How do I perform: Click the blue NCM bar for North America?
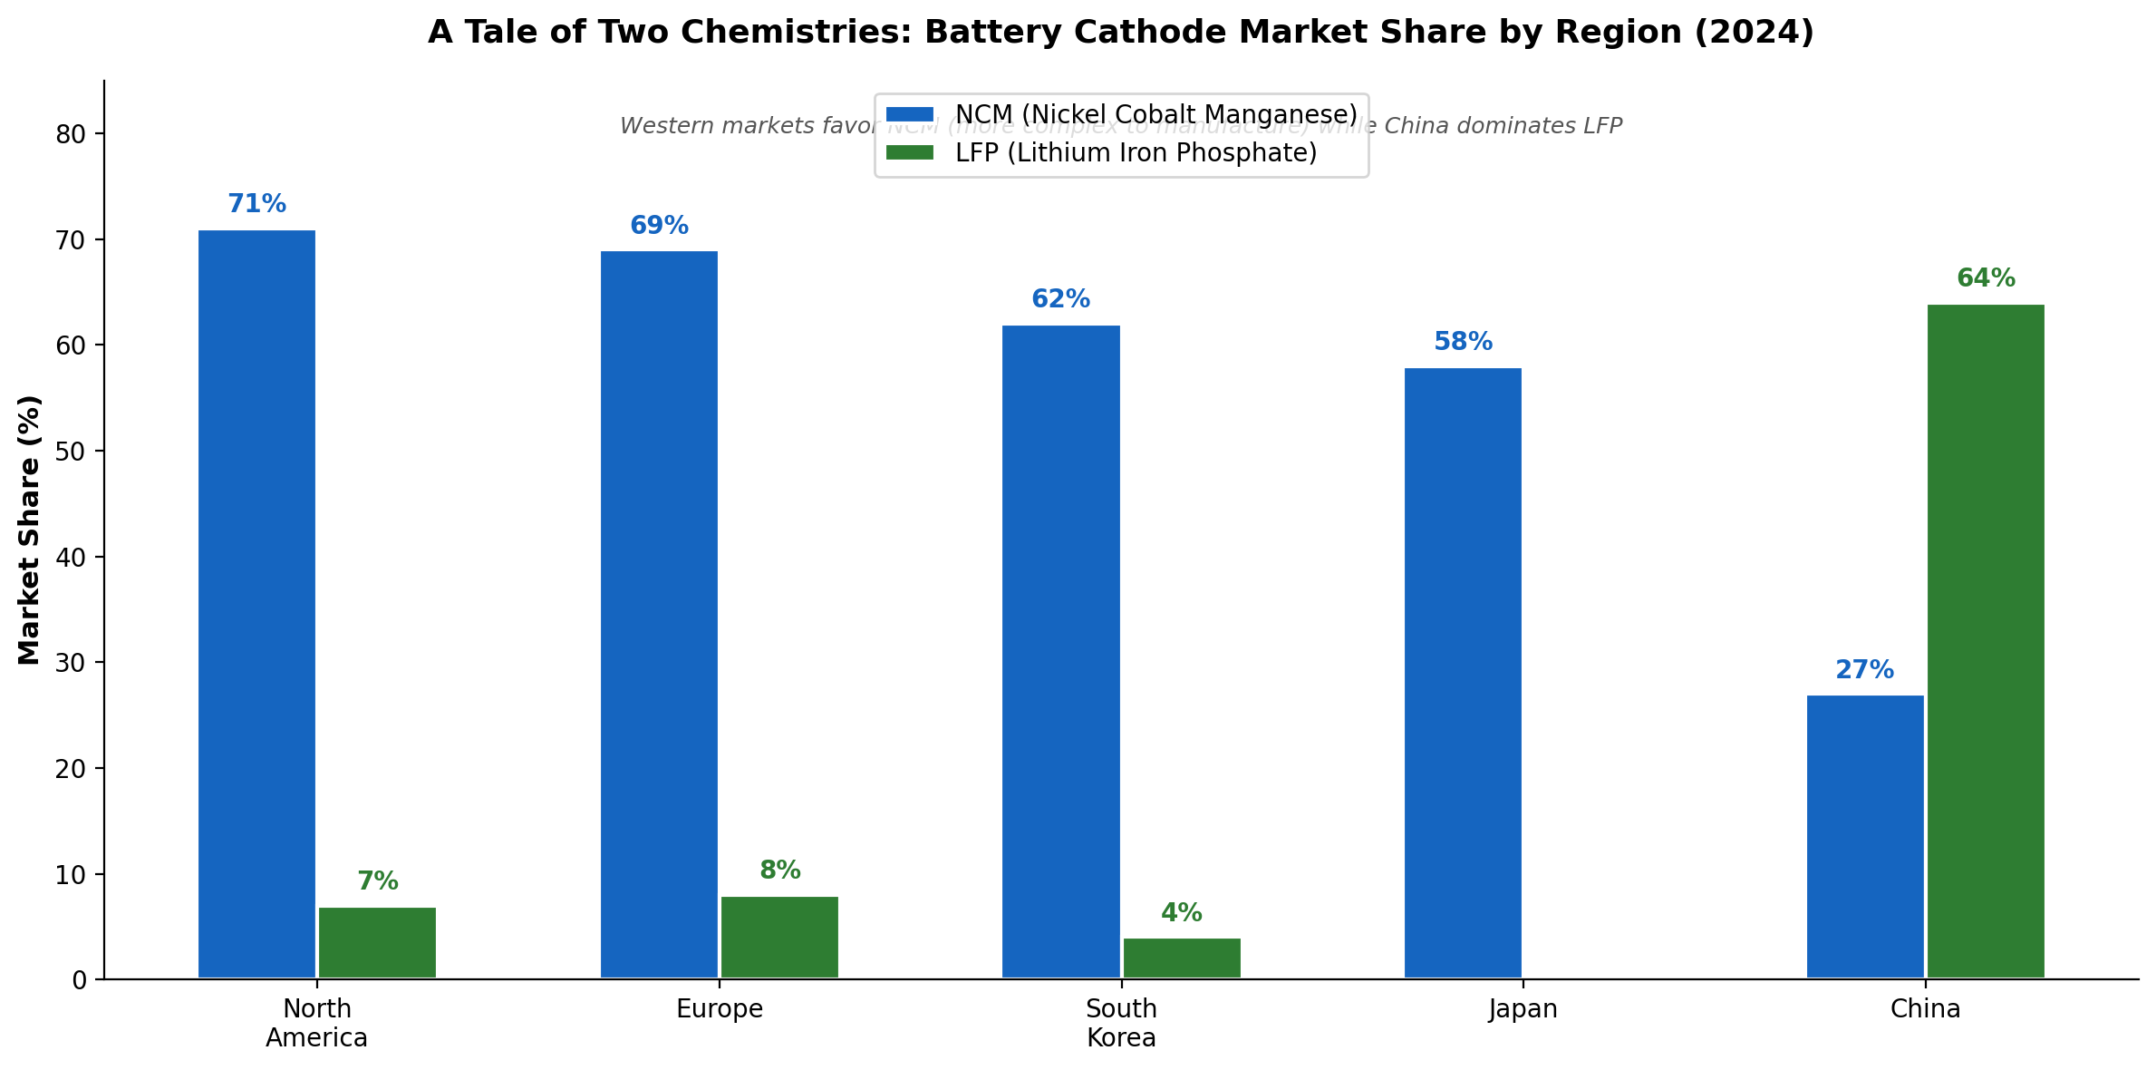[256, 604]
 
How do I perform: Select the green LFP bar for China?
[1986, 641]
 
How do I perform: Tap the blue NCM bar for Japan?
[1463, 673]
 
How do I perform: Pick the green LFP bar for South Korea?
[1182, 958]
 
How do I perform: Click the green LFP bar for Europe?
[779, 937]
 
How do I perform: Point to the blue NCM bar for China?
[1865, 836]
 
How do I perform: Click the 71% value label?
[256, 204]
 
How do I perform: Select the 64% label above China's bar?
[1986, 278]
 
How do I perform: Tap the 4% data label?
[1182, 913]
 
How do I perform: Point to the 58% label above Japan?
[1463, 342]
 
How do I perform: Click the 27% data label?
[1864, 670]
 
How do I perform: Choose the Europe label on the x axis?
[720, 1009]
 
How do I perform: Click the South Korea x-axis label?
[1121, 1023]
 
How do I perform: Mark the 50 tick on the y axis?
[72, 452]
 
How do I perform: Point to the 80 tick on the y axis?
[72, 134]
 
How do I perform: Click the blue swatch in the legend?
[909, 114]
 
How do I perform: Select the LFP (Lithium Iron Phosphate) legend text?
[1136, 153]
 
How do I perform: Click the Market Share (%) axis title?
[30, 530]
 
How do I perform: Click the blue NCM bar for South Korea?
[1060, 651]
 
